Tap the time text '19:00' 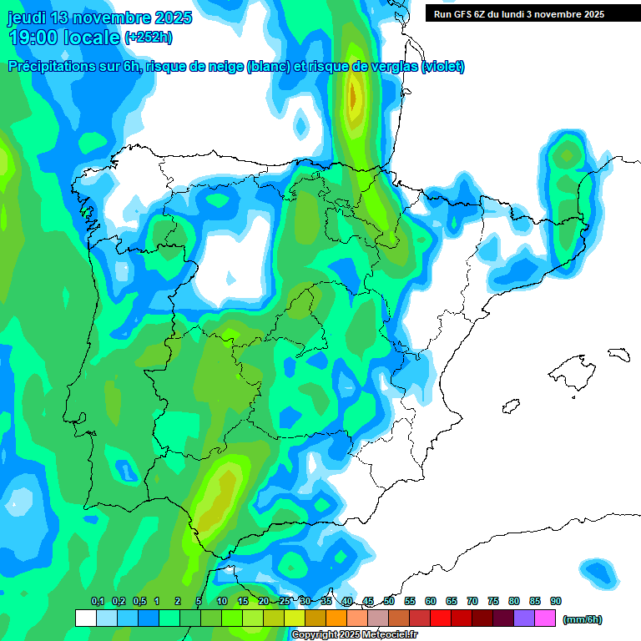point(38,38)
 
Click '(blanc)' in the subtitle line point(265,67)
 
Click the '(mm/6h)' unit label point(583,619)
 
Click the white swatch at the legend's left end point(85,618)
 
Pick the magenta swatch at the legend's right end point(545,618)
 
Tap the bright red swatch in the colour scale point(441,618)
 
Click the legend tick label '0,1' point(98,602)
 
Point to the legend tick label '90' point(556,602)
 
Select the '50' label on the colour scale point(389,602)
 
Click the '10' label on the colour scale point(222,602)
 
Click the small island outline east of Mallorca point(618,354)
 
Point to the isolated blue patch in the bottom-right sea point(599,571)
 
